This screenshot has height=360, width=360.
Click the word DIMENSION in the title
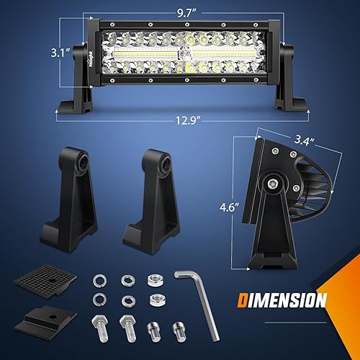(x=279, y=300)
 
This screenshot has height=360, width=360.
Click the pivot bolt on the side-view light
(x=275, y=183)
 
